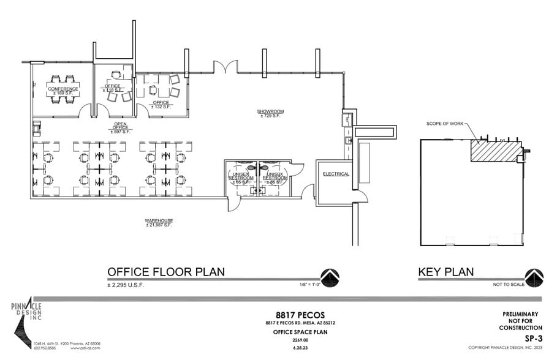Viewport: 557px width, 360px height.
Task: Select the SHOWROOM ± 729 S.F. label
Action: [268, 113]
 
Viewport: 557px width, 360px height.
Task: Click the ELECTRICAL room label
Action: [336, 174]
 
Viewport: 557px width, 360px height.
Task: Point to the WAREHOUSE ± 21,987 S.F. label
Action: [159, 222]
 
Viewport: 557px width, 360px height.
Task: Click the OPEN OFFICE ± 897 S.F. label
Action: [120, 127]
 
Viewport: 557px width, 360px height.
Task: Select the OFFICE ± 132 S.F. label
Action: [161, 104]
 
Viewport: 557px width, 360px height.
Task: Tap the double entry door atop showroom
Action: [224, 67]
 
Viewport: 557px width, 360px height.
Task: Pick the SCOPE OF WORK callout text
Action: [444, 124]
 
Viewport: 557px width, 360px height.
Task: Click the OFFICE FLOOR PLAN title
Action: [165, 272]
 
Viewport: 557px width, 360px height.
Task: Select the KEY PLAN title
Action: [445, 272]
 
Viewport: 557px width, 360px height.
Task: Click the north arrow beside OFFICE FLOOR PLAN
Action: [330, 277]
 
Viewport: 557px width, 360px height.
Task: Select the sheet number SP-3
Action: [532, 337]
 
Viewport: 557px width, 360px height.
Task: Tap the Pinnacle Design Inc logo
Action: [26, 321]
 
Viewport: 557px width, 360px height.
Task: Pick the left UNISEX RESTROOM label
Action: [241, 178]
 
